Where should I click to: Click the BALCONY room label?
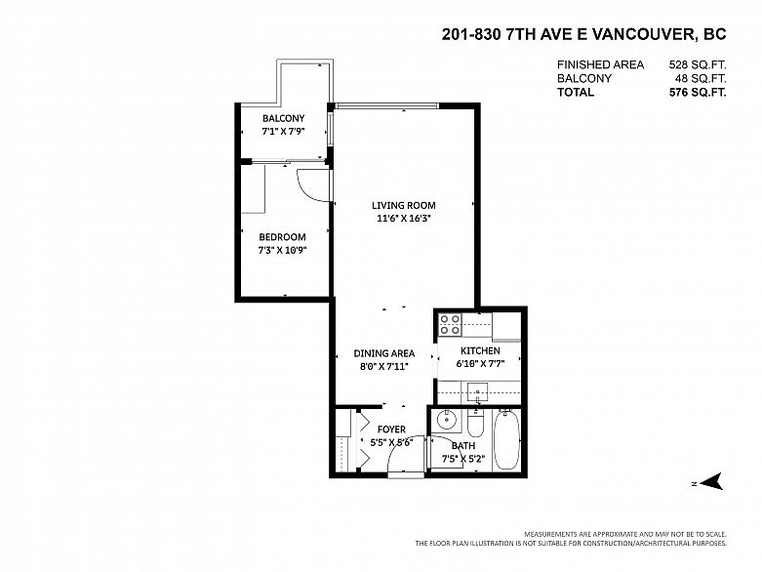(283, 118)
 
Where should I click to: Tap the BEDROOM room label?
(282, 237)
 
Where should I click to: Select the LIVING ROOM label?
(404, 205)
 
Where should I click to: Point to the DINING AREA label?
(383, 353)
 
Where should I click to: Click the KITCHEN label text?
(480, 350)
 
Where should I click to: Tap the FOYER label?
(391, 429)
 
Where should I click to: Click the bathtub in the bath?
(506, 440)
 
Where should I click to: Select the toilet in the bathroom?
(476, 423)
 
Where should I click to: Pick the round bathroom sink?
(445, 419)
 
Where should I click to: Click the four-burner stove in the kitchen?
(450, 325)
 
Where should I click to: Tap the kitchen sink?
(478, 391)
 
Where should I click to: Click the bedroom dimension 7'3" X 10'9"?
(282, 251)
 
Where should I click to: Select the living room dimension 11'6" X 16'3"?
(404, 219)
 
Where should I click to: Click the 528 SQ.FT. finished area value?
(698, 64)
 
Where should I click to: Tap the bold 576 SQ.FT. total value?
(698, 93)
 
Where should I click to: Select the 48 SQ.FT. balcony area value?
(701, 78)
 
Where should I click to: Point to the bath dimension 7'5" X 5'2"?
(463, 458)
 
